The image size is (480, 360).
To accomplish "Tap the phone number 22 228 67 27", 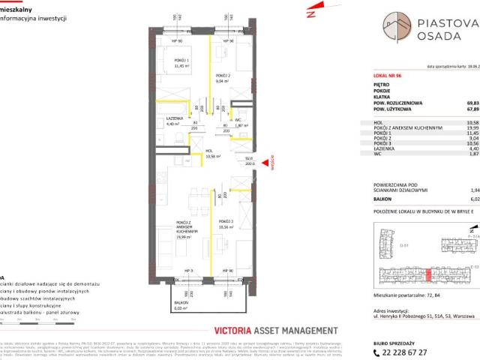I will (400, 350).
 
